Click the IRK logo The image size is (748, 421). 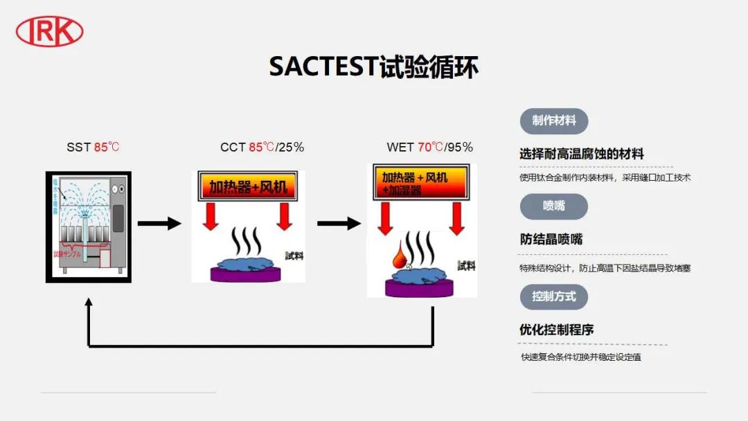tap(49, 31)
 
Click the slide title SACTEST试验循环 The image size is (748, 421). tap(373, 67)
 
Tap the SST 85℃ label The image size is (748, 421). tap(93, 147)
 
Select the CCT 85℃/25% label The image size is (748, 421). tap(262, 147)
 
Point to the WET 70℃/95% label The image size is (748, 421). tap(429, 147)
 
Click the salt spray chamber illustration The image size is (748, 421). tap(88, 226)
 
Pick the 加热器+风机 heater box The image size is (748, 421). tap(247, 186)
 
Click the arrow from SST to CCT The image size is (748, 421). tap(159, 223)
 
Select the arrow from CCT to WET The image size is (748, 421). tap(339, 223)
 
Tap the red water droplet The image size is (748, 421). tap(400, 257)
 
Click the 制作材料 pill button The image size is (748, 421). tap(553, 120)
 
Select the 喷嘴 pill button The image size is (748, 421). tap(553, 206)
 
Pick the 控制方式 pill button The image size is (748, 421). tap(553, 296)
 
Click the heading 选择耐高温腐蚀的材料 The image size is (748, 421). tap(582, 154)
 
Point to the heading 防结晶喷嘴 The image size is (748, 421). tap(551, 240)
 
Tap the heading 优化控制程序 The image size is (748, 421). tap(556, 330)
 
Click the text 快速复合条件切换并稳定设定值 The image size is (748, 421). tap(581, 357)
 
